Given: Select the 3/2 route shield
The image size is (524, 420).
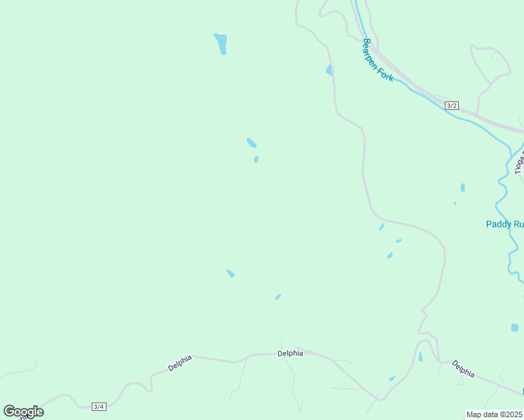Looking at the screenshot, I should click(452, 106).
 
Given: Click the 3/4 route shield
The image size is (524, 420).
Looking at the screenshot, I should click(99, 407).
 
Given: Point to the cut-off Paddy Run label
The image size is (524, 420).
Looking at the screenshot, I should click(505, 225).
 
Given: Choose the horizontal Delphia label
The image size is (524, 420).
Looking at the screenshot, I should click(290, 353).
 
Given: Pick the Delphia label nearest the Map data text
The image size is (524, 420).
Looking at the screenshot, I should click(463, 368).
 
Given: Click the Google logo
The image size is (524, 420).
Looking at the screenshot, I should click(23, 411).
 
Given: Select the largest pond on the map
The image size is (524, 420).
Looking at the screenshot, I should click(221, 43).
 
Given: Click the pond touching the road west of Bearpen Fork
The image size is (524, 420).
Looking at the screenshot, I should click(329, 71).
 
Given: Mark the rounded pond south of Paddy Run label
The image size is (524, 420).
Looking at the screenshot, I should click(514, 328).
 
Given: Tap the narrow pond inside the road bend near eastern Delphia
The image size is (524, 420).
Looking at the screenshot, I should click(420, 357).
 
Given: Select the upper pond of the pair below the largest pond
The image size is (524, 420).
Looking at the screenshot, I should click(251, 143).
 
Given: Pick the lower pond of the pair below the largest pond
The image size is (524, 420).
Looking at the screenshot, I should click(256, 160).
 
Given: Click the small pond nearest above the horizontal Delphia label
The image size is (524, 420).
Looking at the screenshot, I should click(278, 297).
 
